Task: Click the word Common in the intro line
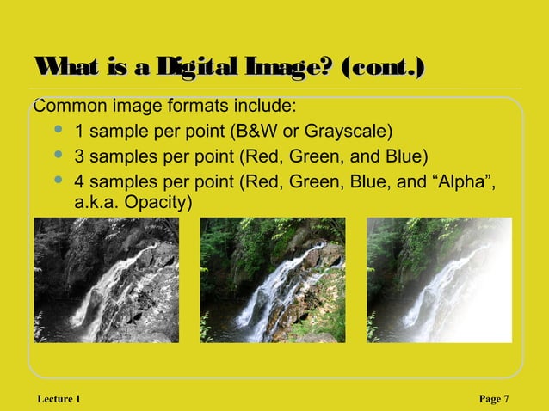tap(67, 107)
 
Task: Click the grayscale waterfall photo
tap(107, 280)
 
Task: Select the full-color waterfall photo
tap(273, 280)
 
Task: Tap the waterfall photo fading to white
tap(439, 280)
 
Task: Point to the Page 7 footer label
tap(493, 398)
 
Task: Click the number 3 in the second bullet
tap(80, 156)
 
